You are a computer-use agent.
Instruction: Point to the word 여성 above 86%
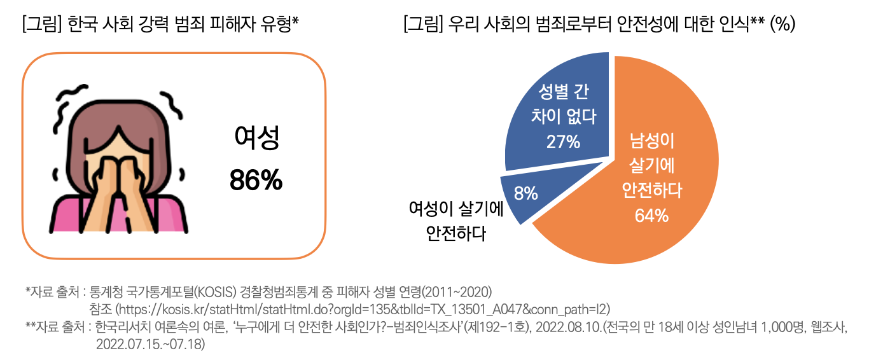tap(256, 139)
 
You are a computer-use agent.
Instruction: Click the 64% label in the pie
tap(651, 216)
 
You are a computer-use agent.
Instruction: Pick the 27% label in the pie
tap(563, 141)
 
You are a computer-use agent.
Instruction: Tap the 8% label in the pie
tap(525, 193)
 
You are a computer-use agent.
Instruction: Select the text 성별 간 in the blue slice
tap(563, 92)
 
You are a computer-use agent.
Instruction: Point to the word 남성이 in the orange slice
tap(651, 139)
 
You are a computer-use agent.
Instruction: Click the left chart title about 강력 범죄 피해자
tap(160, 25)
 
